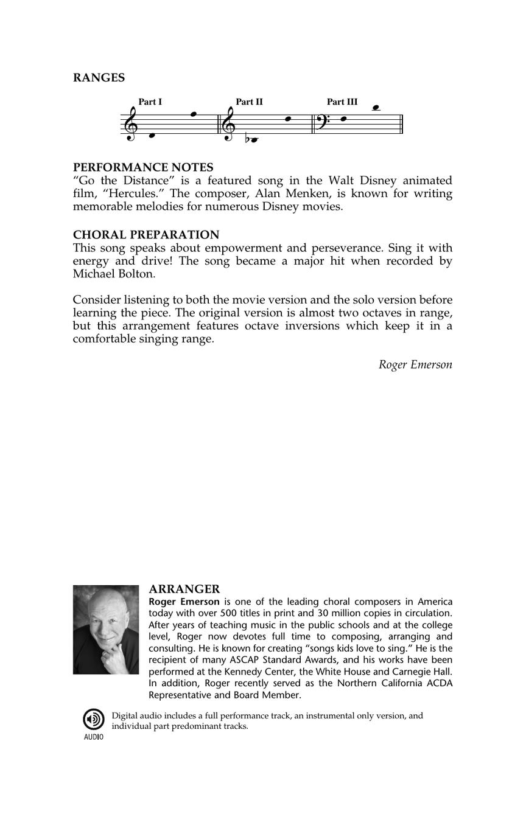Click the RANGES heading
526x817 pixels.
[x=99, y=78]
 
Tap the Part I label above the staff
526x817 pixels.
[x=150, y=102]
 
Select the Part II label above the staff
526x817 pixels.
[x=249, y=102]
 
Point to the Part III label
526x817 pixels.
[x=342, y=102]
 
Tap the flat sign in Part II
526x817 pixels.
[x=247, y=139]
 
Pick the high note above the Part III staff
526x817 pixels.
[x=376, y=108]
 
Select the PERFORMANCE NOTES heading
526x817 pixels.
[x=143, y=167]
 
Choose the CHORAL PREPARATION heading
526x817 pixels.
[x=146, y=235]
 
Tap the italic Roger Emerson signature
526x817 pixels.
[x=415, y=364]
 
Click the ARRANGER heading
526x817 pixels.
[x=184, y=589]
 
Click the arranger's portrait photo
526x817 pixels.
[x=106, y=630]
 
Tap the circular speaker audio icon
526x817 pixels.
[x=94, y=719]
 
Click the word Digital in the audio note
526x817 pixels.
[x=125, y=716]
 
